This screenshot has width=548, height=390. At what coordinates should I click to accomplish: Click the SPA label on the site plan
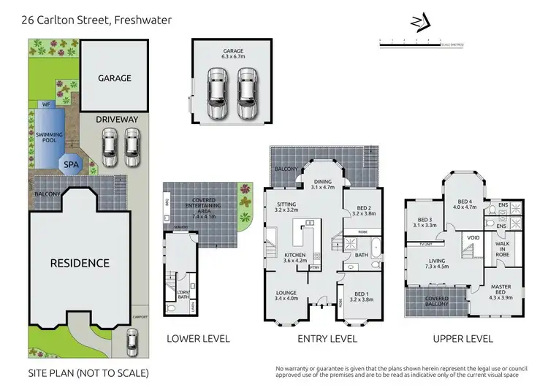(71, 165)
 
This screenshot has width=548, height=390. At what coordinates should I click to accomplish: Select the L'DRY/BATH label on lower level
(183, 294)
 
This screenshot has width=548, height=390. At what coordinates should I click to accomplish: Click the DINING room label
(322, 183)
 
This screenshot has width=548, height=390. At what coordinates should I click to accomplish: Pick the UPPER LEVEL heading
(463, 339)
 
